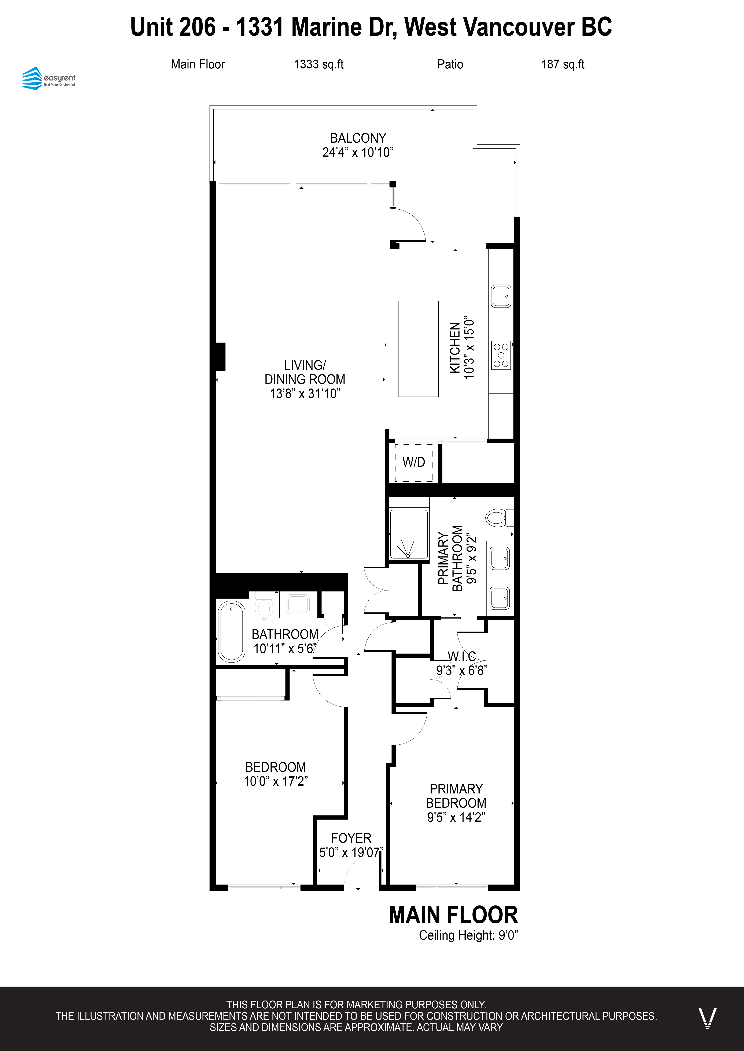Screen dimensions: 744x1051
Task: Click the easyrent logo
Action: (x=49, y=78)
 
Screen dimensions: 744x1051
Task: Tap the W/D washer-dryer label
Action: (x=414, y=462)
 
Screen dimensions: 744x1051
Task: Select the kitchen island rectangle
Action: (x=418, y=349)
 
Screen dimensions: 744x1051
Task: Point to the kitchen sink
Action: (x=501, y=297)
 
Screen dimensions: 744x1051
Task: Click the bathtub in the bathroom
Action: (x=232, y=632)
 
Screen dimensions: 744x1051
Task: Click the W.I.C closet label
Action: (x=462, y=656)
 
